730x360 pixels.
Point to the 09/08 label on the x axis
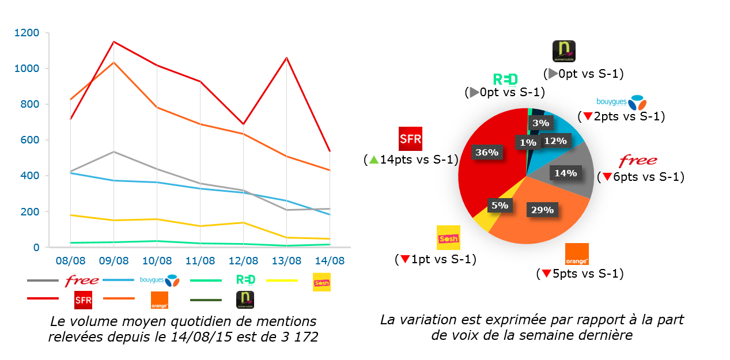[114, 261]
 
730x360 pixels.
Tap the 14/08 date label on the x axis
[330, 261]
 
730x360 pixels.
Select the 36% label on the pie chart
[487, 152]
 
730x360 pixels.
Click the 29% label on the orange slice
[542, 210]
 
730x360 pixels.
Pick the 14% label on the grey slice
[565, 173]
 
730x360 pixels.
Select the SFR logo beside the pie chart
[410, 139]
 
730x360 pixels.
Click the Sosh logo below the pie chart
[448, 237]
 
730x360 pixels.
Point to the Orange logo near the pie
[577, 254]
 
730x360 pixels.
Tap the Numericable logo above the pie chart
[563, 52]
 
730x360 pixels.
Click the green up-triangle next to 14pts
[373, 160]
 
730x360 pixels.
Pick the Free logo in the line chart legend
[81, 281]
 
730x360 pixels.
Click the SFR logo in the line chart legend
[84, 300]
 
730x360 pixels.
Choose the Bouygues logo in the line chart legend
[160, 280]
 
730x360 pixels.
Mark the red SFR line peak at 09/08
[114, 41]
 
